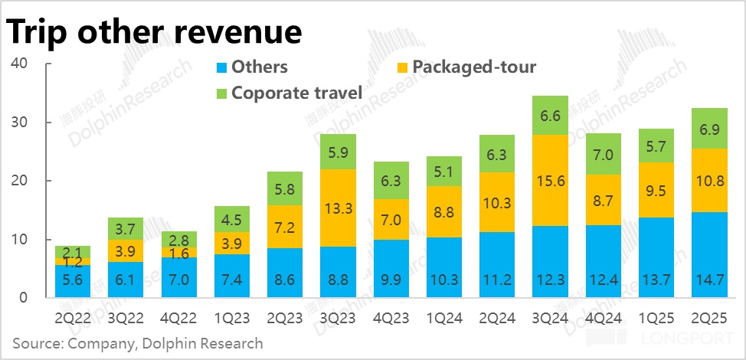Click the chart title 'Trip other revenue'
tap(154, 33)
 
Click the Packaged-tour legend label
tap(474, 67)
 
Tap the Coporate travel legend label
tap(296, 93)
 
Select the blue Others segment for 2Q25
tap(708, 255)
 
